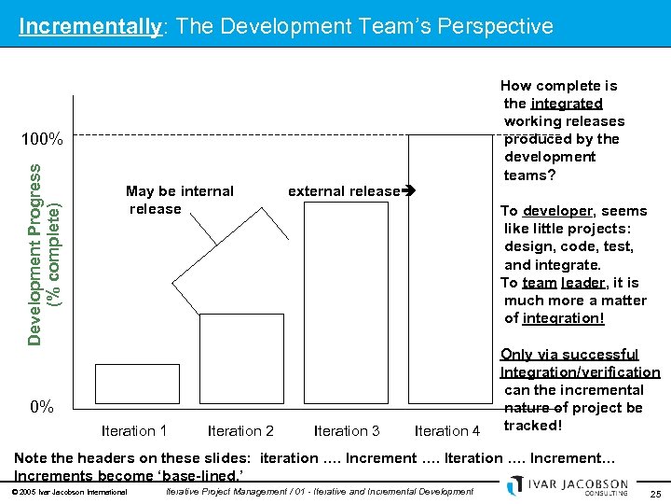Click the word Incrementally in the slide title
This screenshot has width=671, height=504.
[x=90, y=26]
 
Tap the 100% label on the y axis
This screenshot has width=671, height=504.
[x=43, y=141]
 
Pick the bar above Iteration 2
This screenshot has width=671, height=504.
[x=241, y=360]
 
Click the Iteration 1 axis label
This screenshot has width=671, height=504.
[x=134, y=430]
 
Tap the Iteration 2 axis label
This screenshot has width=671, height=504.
[x=240, y=430]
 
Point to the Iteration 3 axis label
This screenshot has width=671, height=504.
[x=347, y=430]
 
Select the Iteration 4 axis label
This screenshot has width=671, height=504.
[x=447, y=430]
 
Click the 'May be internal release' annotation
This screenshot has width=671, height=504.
[x=179, y=200]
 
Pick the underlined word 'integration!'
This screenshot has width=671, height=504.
[x=563, y=318]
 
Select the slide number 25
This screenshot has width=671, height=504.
[x=655, y=492]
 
